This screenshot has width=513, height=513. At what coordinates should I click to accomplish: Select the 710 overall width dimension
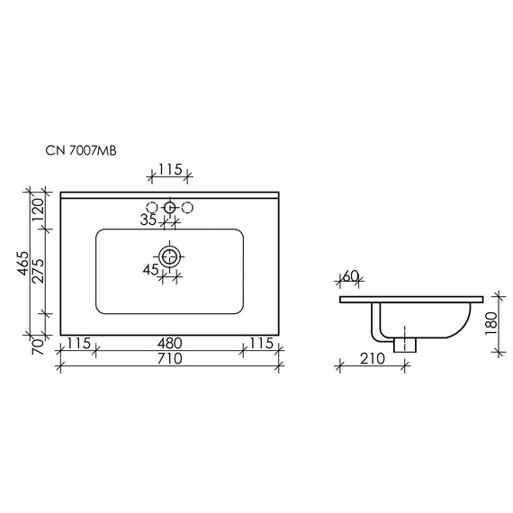[169, 359]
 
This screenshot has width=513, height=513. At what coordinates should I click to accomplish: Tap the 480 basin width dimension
[169, 343]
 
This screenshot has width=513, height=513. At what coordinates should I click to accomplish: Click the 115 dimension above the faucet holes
[168, 169]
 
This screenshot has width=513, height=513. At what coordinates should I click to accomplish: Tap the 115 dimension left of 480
[79, 343]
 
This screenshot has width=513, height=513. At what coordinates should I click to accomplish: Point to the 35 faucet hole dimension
[148, 220]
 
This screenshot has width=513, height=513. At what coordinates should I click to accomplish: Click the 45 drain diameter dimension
[149, 269]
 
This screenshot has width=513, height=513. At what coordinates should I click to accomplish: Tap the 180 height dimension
[491, 321]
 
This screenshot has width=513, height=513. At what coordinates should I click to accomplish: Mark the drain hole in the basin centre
[168, 255]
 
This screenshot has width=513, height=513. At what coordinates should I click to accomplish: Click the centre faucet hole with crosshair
[168, 208]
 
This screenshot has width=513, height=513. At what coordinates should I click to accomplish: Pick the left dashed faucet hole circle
[150, 208]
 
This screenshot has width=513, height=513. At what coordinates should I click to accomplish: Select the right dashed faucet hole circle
[187, 208]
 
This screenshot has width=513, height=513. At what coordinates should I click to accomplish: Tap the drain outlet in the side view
[407, 343]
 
